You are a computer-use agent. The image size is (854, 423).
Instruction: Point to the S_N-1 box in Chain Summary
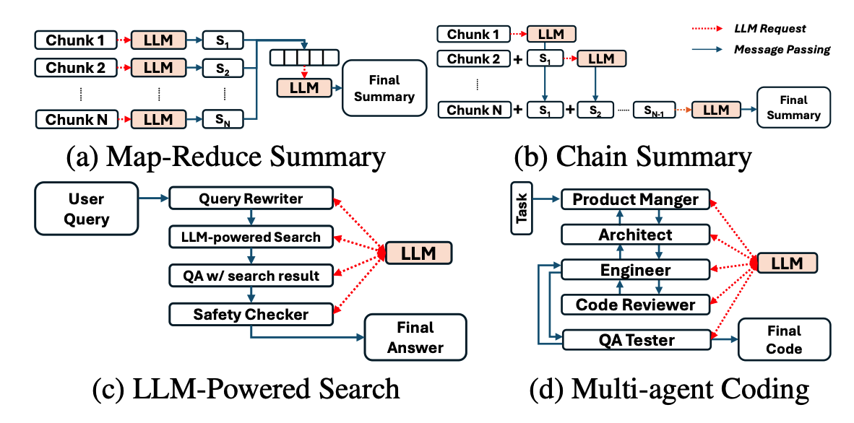(x=653, y=110)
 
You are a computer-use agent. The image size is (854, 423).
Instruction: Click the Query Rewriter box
(x=251, y=198)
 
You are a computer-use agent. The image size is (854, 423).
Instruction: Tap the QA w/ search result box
(x=251, y=275)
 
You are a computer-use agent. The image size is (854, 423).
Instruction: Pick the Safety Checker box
(x=251, y=314)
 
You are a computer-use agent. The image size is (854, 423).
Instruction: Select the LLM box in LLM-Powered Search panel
(x=418, y=253)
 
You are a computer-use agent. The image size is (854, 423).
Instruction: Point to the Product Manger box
(x=636, y=199)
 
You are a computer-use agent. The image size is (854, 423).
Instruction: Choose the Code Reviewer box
(x=635, y=305)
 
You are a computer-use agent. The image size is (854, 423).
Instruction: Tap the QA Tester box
(x=635, y=340)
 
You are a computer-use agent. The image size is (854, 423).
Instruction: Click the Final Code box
(x=784, y=339)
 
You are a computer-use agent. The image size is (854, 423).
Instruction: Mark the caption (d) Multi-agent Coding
(x=668, y=389)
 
